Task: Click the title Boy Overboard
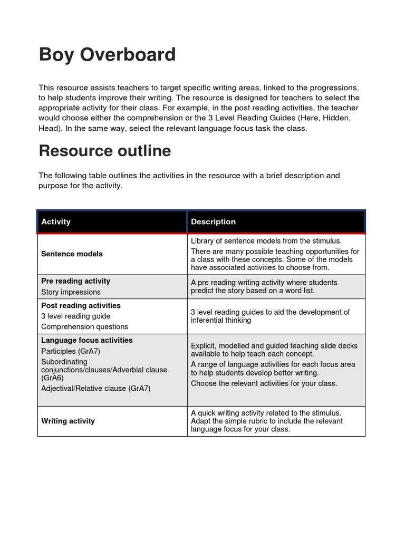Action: click(107, 55)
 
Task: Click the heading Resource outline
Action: click(105, 151)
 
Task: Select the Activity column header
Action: click(56, 221)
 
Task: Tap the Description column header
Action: click(213, 221)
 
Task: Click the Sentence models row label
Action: click(72, 254)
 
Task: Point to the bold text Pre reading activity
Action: click(75, 281)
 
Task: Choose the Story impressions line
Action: click(71, 292)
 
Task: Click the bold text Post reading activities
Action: click(81, 305)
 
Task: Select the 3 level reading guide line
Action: click(75, 316)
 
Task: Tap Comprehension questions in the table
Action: click(84, 327)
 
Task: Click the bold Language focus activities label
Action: click(87, 340)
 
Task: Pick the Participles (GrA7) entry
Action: click(71, 351)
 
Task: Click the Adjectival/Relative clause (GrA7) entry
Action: click(95, 389)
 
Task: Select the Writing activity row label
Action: click(68, 421)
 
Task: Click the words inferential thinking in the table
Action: click(221, 320)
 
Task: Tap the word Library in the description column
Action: click(202, 241)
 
